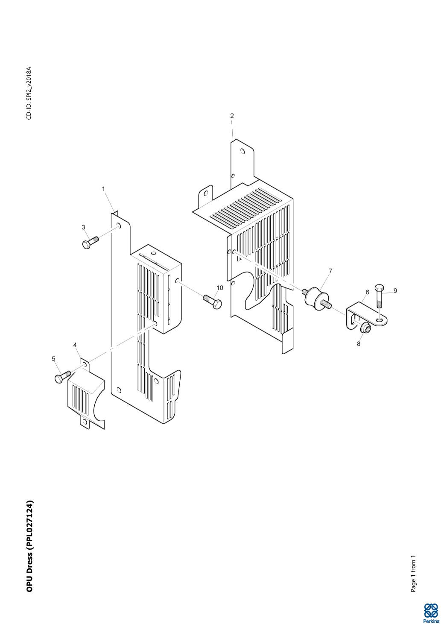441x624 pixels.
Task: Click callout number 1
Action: pyautogui.click(x=104, y=189)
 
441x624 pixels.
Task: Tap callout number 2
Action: pyautogui.click(x=232, y=116)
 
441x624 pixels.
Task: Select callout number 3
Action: pyautogui.click(x=84, y=227)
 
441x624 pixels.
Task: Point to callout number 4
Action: pyautogui.click(x=75, y=345)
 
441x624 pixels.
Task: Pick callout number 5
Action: pyautogui.click(x=54, y=359)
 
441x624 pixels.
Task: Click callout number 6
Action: pyautogui.click(x=368, y=292)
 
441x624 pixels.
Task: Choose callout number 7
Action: pyautogui.click(x=330, y=270)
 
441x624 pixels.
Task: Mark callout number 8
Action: pyautogui.click(x=359, y=344)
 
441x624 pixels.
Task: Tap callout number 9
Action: pyautogui.click(x=395, y=291)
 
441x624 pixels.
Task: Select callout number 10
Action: pyautogui.click(x=220, y=288)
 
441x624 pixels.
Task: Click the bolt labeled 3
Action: pyautogui.click(x=91, y=242)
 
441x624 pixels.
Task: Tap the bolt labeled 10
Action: pyautogui.click(x=213, y=301)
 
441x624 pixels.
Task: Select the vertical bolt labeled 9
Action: pyautogui.click(x=380, y=296)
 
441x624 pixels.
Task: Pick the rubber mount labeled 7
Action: pyautogui.click(x=316, y=299)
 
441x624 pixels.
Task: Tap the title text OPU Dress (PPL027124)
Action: pyautogui.click(x=30, y=546)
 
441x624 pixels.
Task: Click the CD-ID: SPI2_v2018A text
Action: pyautogui.click(x=29, y=93)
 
